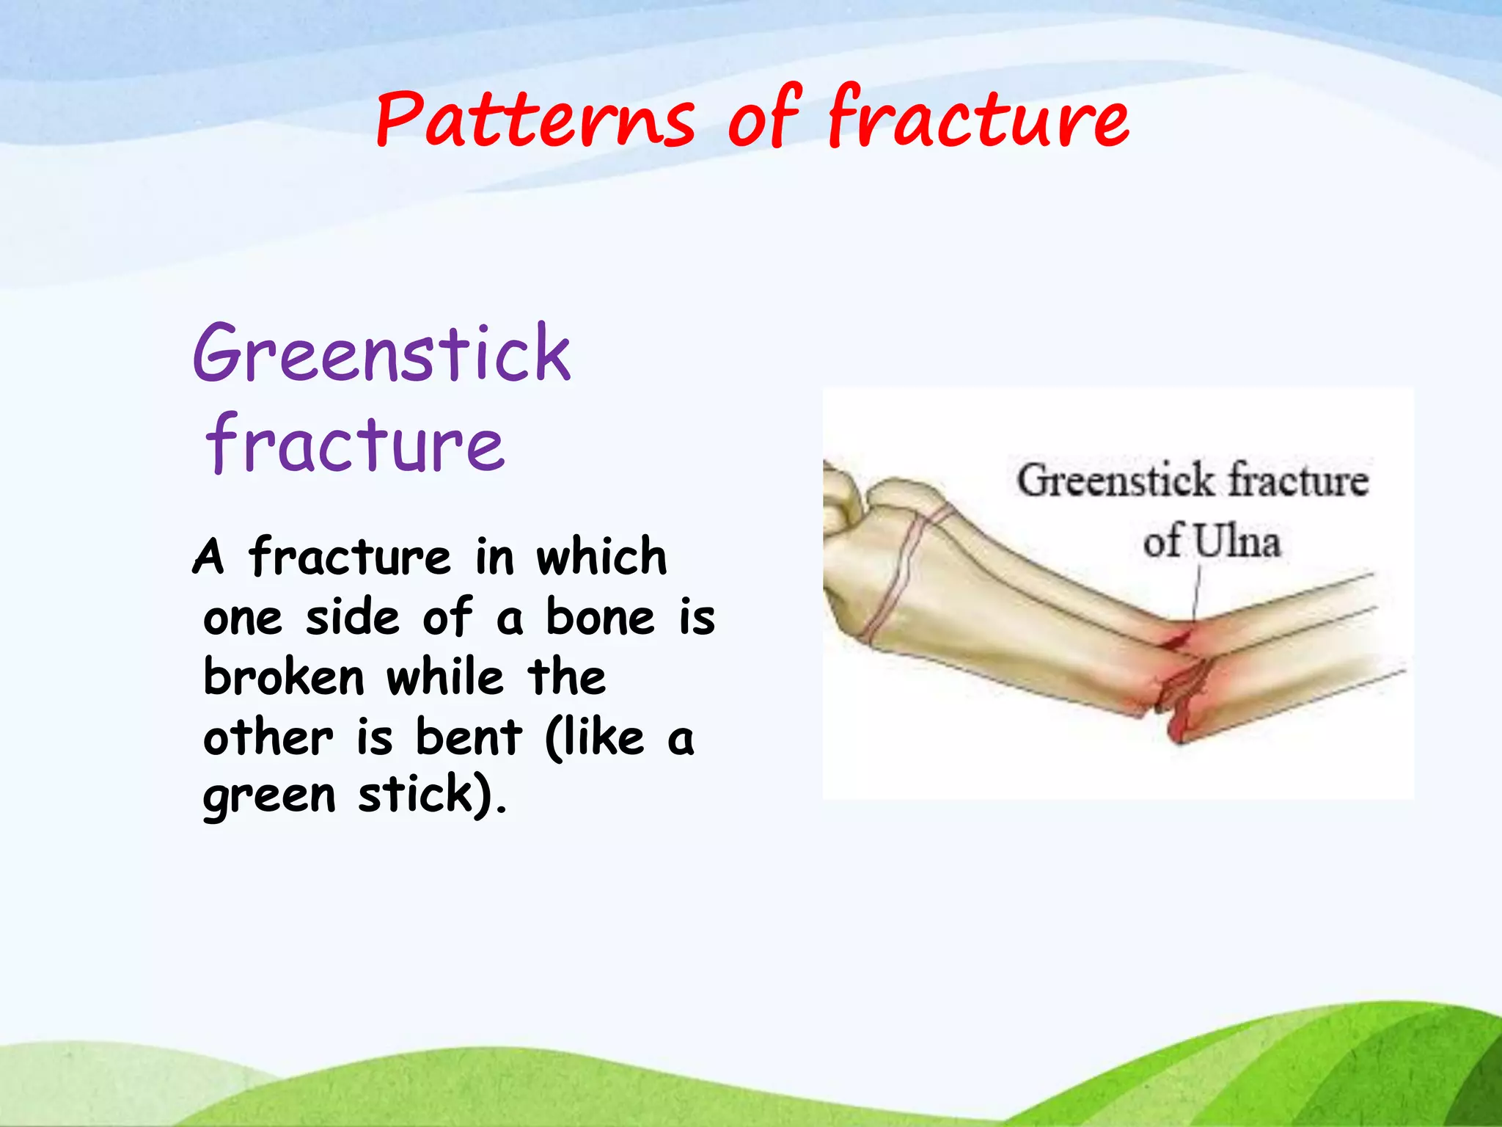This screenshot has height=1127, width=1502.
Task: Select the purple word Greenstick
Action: tap(381, 354)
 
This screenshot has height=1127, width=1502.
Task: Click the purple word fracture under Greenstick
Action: tap(356, 444)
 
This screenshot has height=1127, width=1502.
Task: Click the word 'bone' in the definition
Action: tap(600, 616)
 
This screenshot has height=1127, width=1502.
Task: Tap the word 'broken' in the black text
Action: tap(284, 676)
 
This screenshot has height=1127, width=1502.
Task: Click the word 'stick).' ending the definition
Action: tap(433, 795)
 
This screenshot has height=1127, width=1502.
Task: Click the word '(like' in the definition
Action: tap(595, 737)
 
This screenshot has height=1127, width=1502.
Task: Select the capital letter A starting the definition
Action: tap(208, 558)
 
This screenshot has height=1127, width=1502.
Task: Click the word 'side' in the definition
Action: tap(353, 616)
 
